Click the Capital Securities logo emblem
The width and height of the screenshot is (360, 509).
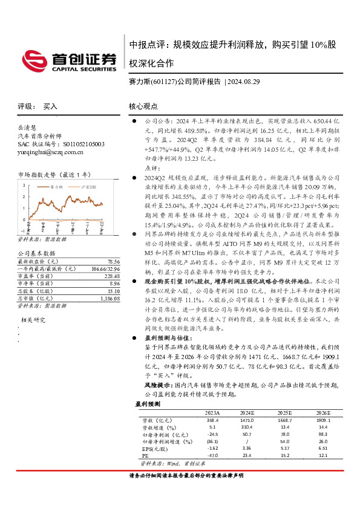38,59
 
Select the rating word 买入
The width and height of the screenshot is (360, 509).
50,106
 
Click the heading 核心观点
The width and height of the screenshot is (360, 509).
143,106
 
